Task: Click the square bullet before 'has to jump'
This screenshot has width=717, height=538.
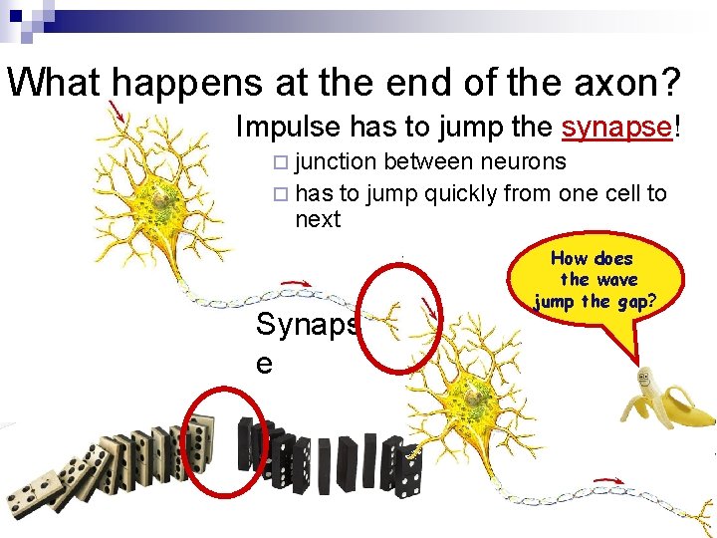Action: coord(280,194)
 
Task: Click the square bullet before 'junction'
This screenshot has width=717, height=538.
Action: coord(280,163)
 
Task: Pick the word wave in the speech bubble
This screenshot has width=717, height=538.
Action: coord(613,280)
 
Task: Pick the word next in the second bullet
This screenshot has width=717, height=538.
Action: coord(318,219)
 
